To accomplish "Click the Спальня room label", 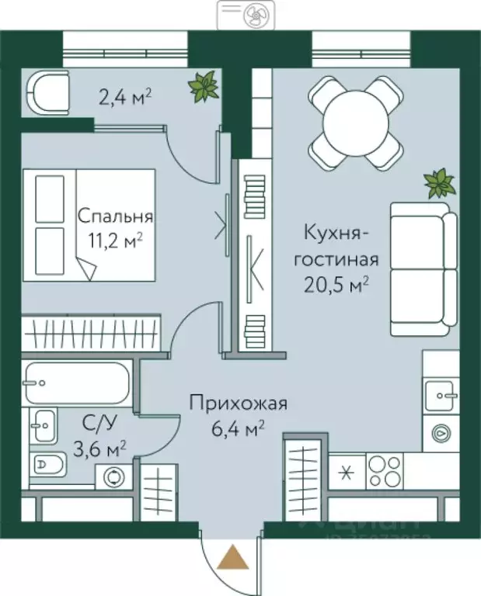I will coord(115,217).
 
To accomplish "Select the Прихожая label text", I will coord(239,404).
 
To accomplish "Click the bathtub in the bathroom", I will coord(75,382).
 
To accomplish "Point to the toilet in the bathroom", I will coord(50,466).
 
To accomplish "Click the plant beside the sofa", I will coord(439,184).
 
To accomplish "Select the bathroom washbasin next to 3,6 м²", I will coord(42,425).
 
